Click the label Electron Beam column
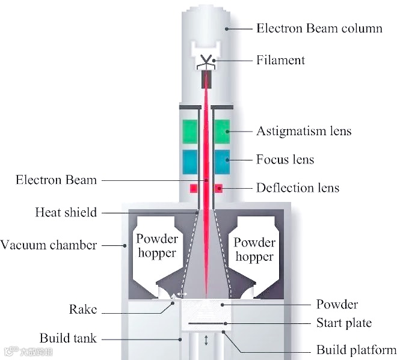(319, 28)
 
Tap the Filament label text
(280, 59)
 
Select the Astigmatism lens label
(304, 130)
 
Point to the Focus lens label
(285, 159)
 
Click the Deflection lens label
(297, 188)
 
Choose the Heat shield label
(66, 212)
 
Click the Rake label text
(82, 310)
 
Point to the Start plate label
(344, 323)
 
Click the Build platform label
(356, 349)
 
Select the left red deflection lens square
(194, 189)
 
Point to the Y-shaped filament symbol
(206, 61)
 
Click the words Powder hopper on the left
(157, 246)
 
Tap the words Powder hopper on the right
(254, 249)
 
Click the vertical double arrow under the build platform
(206, 340)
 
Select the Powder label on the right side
(337, 304)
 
